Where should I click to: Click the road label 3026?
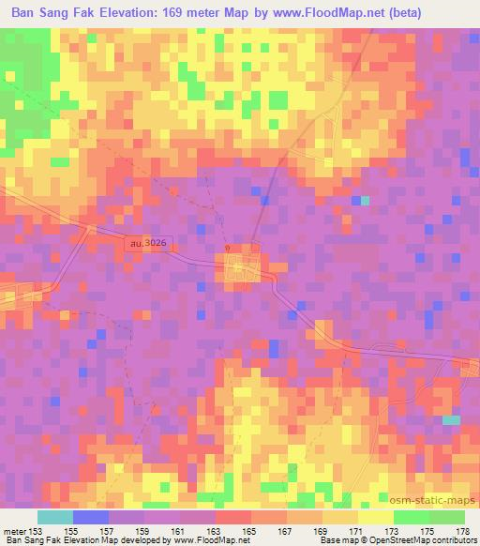(x=150, y=242)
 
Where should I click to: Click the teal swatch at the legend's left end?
(x=55, y=517)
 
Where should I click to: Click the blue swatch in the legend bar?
(x=91, y=517)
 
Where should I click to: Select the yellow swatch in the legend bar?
(x=375, y=517)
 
